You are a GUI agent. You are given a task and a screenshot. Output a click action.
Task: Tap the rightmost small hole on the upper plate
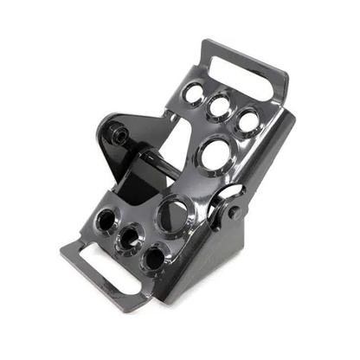tap(248, 120)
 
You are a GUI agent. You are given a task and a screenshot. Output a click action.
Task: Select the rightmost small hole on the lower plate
tap(153, 257)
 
